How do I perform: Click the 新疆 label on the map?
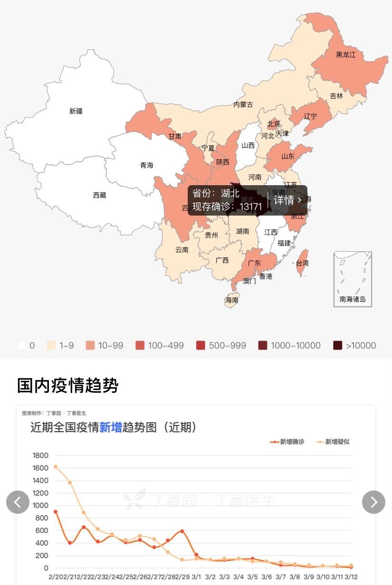[76, 111]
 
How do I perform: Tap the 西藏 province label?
[100, 195]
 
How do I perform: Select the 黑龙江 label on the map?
[345, 55]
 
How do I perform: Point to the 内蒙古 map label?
[243, 104]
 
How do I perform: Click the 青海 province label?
[147, 165]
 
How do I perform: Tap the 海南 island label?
[232, 300]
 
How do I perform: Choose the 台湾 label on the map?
[302, 263]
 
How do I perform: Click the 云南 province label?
[182, 249]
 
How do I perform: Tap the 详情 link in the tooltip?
[287, 200]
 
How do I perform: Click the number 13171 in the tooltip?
[251, 207]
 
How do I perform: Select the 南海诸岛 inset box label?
[353, 299]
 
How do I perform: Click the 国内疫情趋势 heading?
[67, 385]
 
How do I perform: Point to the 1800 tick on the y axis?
[40, 455]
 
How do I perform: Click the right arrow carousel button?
[373, 502]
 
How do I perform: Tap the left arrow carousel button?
[18, 502]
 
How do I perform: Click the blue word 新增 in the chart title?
[111, 427]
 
